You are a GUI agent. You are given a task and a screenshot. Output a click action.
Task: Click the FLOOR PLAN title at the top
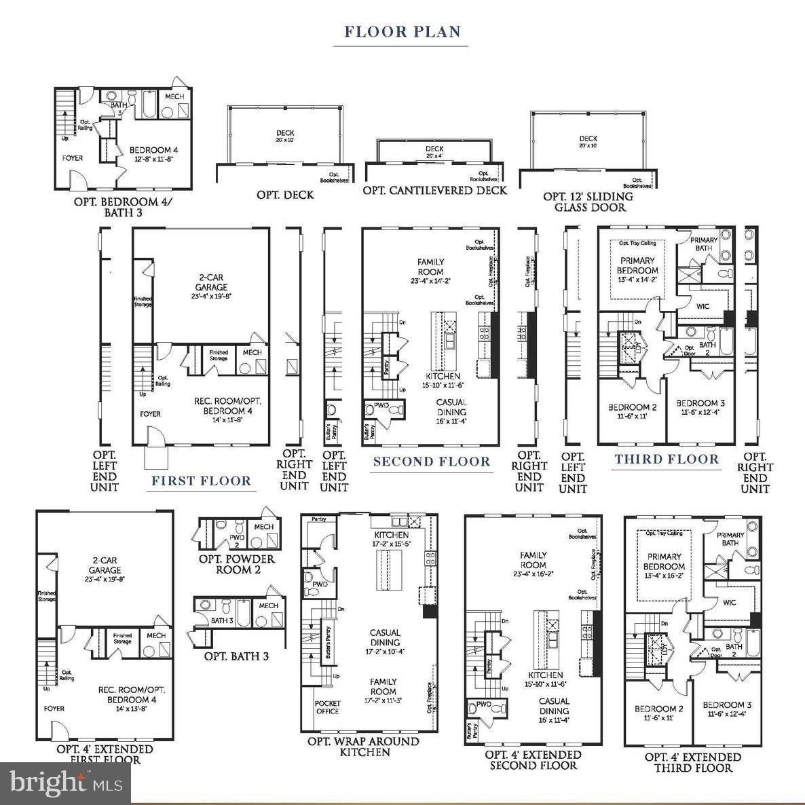tap(402, 31)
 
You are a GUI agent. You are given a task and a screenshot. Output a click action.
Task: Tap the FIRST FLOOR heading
tap(201, 481)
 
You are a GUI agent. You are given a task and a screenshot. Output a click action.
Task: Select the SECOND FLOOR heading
tap(432, 462)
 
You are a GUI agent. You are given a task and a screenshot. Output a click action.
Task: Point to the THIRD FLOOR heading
tap(667, 459)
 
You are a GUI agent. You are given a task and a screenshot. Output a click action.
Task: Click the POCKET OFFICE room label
tap(327, 707)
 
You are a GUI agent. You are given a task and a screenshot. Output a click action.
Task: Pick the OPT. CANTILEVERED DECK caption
tap(434, 191)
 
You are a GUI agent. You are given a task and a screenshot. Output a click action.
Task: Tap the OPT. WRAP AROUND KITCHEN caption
tap(363, 747)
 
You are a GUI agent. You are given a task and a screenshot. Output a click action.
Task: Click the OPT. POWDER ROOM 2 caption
tap(237, 564)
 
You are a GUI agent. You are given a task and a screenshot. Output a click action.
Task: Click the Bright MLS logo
tap(65, 785)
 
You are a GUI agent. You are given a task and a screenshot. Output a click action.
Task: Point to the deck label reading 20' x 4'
tap(434, 152)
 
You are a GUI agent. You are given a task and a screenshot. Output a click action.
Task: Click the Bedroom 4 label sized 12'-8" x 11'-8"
tap(154, 155)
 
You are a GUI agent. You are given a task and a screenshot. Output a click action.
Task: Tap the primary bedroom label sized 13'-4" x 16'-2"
tap(664, 562)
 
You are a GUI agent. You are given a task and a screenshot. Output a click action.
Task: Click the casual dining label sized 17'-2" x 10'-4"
tap(385, 642)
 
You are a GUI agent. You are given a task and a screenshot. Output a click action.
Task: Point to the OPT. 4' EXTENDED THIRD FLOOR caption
tap(692, 762)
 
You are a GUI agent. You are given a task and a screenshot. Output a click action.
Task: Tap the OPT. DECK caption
tap(285, 195)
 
